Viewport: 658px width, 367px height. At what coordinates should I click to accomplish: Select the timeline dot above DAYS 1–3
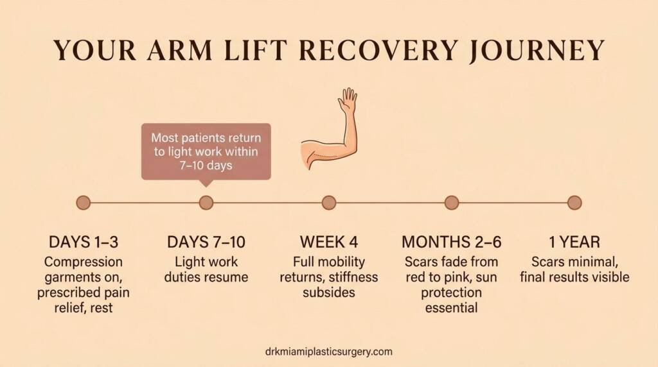84,203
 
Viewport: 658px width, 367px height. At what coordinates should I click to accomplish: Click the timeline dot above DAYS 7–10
206,203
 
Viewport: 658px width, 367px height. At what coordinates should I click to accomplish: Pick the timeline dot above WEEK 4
329,203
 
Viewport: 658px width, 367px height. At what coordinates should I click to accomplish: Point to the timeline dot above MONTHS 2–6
452,203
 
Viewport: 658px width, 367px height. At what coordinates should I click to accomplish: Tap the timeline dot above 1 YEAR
574,203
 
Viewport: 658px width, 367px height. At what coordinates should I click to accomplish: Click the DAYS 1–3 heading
84,243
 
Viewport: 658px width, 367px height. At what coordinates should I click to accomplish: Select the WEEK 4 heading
329,243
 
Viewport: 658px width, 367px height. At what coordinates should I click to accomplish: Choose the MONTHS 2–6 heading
452,243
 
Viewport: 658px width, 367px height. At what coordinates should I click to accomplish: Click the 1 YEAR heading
574,243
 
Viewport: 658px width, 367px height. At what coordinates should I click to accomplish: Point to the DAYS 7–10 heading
206,243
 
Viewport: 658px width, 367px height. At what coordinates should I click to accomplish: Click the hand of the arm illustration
348,100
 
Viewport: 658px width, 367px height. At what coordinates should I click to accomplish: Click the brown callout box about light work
206,151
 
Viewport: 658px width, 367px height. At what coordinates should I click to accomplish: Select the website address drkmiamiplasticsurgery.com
328,352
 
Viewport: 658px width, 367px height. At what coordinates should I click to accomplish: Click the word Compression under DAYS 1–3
84,262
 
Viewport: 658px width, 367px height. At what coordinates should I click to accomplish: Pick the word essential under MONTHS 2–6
452,308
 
